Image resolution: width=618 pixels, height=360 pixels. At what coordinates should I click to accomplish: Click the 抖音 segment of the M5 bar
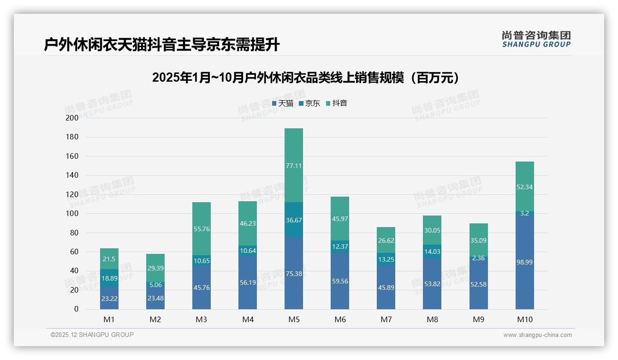294,165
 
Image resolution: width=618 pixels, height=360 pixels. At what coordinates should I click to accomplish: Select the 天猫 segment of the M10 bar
524,262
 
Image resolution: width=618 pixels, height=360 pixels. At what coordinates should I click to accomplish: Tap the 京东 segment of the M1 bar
109,278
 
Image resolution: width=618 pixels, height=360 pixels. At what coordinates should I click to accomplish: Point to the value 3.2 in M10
524,213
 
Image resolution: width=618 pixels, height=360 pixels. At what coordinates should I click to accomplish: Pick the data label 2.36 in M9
479,258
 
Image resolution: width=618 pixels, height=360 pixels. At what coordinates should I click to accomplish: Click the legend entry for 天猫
283,103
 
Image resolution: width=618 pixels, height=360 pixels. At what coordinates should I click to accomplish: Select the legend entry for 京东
309,103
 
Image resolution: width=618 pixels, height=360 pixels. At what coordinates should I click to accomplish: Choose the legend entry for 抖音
337,103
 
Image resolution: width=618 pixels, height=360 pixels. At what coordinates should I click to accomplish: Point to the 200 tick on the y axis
72,118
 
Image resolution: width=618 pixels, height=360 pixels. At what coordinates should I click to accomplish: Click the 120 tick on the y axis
72,195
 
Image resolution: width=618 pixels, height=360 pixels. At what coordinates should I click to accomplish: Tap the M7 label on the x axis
386,319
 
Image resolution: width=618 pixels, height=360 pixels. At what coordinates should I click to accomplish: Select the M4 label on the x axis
248,319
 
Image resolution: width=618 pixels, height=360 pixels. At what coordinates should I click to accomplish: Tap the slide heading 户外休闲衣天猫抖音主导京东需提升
162,45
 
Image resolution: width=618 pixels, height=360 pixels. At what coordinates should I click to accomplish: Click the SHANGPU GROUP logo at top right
536,39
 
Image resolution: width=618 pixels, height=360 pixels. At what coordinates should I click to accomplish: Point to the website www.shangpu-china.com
537,335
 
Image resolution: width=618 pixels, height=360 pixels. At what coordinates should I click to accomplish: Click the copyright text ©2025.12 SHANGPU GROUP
92,335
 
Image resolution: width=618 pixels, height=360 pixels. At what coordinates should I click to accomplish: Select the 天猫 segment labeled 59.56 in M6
340,281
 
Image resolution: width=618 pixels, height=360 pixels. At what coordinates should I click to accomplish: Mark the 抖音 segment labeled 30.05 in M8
432,230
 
